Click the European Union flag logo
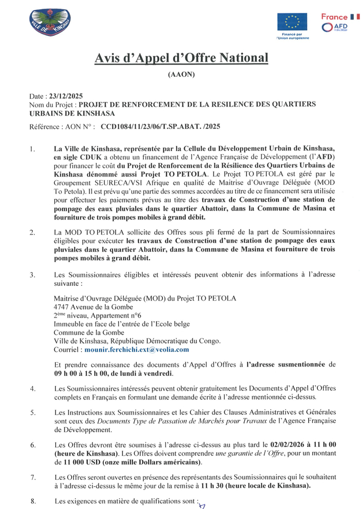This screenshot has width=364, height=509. pos(292,22)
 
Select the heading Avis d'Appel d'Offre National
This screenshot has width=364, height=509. pos(181,58)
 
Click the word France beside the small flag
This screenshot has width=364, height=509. pos(334,17)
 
